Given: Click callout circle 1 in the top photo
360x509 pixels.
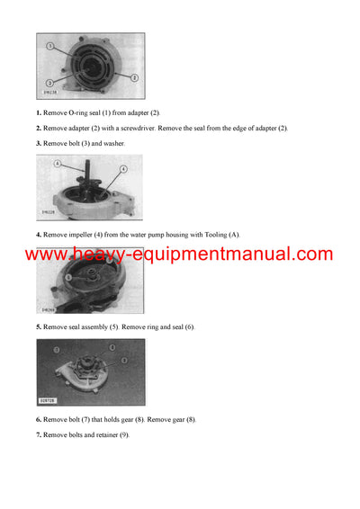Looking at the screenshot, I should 51,45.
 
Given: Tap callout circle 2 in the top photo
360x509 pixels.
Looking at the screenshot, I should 134,78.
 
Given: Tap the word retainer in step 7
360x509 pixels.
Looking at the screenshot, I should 109,434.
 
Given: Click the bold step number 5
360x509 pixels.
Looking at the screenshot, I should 39,326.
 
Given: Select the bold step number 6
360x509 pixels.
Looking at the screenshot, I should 39,419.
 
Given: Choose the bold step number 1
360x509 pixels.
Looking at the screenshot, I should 39,112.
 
